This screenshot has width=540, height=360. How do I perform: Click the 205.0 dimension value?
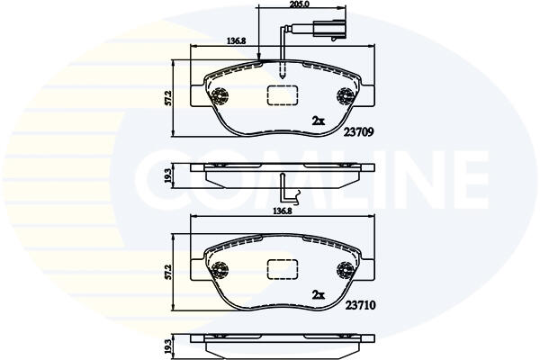click(x=300, y=4)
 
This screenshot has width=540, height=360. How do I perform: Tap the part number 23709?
click(x=359, y=132)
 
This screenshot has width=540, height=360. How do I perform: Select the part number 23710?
click(x=361, y=305)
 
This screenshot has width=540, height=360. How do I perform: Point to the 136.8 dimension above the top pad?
click(x=236, y=40)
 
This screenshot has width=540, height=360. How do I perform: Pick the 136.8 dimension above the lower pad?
click(x=283, y=211)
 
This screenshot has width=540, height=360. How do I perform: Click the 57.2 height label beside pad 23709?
click(x=168, y=98)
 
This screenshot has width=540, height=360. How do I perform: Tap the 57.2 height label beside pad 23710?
click(x=168, y=272)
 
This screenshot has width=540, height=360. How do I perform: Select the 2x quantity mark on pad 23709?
click(x=319, y=121)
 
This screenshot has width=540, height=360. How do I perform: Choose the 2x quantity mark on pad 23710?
click(x=319, y=294)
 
